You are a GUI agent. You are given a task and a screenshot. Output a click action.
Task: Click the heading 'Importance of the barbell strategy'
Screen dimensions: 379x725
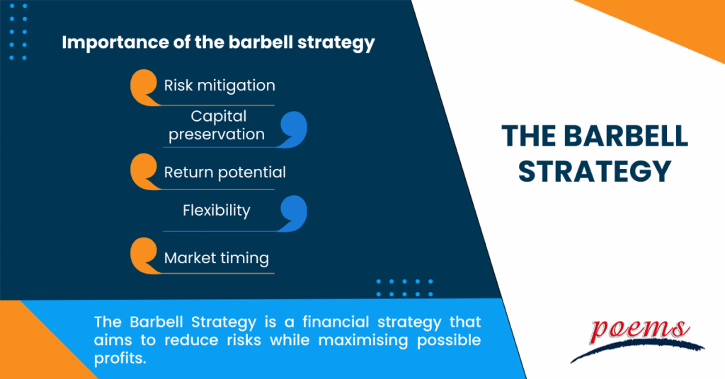click(x=218, y=42)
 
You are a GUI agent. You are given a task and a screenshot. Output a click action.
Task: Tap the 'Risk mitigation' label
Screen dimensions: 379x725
click(x=219, y=86)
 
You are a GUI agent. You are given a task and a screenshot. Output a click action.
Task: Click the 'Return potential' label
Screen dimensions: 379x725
click(x=224, y=172)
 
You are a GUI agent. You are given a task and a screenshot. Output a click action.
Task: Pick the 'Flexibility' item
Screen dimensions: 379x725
click(x=217, y=210)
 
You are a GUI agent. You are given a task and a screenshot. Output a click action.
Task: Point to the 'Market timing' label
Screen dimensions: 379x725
click(x=216, y=258)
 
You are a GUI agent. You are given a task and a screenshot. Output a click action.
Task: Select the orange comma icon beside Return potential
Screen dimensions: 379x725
click(x=144, y=172)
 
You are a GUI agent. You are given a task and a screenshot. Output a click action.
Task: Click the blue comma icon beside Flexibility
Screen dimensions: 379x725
click(x=292, y=212)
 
